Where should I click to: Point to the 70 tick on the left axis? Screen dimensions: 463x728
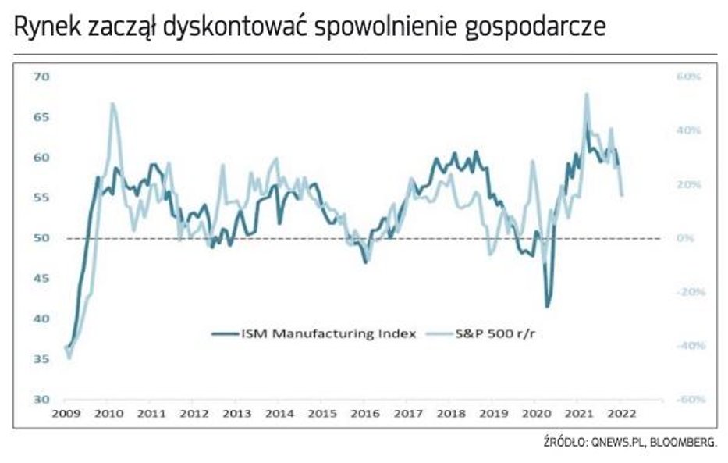coord(41,77)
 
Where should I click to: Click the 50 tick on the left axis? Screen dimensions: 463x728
coord(41,238)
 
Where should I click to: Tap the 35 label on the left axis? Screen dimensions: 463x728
coord(41,359)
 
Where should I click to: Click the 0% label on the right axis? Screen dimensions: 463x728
coord(687,238)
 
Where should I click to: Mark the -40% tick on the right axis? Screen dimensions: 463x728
coord(688,346)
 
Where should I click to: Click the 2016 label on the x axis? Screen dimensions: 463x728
coord(363,412)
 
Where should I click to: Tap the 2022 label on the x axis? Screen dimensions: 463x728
coord(619,412)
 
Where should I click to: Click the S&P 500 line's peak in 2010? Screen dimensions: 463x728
coord(112,103)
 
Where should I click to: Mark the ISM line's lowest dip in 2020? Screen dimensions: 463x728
coord(547,307)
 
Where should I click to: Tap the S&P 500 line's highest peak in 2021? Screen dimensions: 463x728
coord(586,94)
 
